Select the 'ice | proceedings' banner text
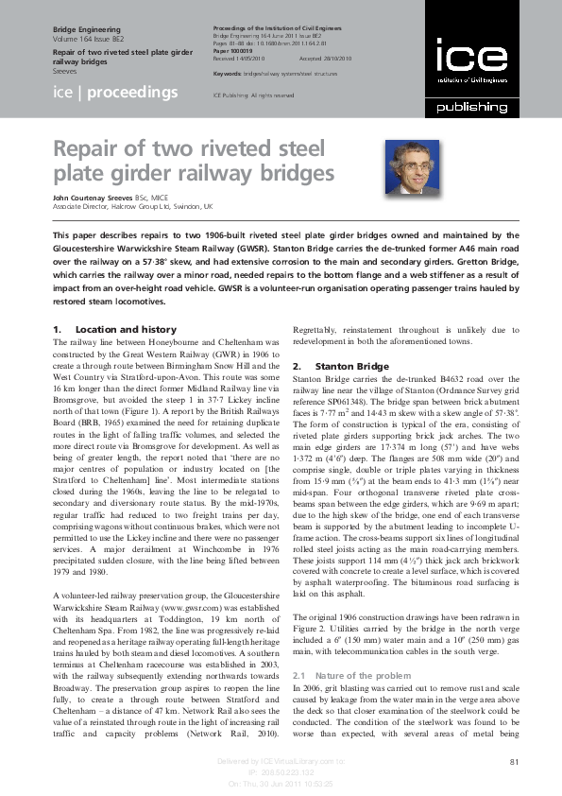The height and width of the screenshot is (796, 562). [115, 92]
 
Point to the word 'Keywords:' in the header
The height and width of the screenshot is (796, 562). [229, 73]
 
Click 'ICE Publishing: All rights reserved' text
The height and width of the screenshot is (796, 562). [255, 95]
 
